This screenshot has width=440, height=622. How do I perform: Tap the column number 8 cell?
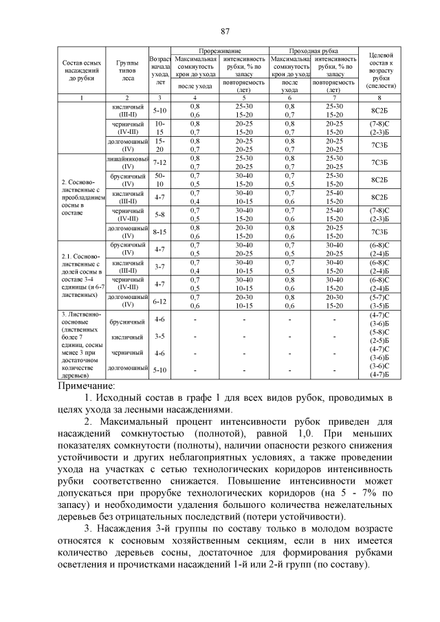click(380, 98)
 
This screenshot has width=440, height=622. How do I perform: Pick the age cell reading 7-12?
click(159, 162)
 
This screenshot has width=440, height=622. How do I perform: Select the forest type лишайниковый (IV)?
click(127, 162)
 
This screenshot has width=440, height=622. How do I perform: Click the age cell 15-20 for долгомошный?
click(159, 144)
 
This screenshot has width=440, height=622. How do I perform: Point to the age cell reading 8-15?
click(159, 232)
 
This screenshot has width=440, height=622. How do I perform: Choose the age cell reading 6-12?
click(159, 301)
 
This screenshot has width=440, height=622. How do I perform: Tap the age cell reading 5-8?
click(159, 214)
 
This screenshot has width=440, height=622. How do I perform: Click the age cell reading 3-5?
click(159, 337)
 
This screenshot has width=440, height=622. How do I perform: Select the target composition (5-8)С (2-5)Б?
click(380, 337)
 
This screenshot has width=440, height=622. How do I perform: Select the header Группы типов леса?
click(127, 69)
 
